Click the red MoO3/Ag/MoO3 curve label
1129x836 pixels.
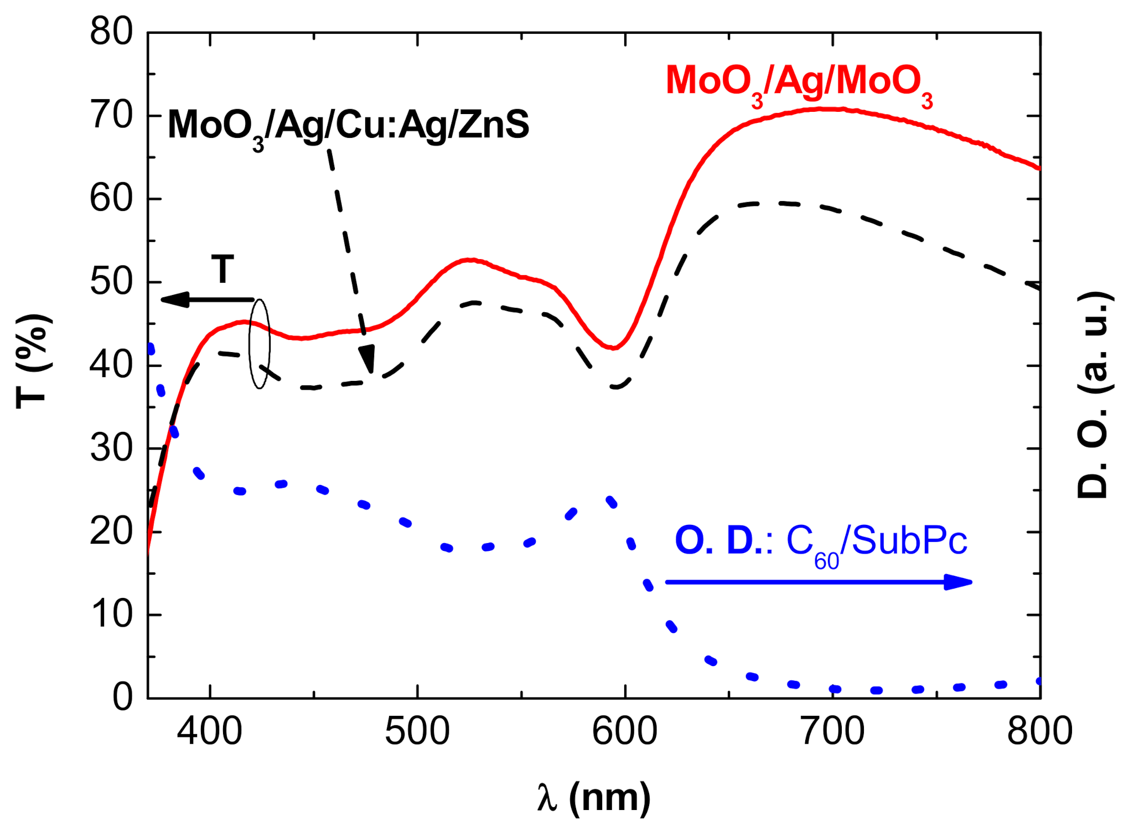point(799,83)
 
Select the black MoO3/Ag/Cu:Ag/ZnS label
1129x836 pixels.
point(348,126)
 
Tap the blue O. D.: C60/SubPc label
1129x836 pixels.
point(821,542)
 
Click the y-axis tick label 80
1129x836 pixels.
point(111,32)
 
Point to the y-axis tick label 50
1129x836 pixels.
point(111,282)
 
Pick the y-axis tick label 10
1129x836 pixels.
point(111,615)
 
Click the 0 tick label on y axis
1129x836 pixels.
point(123,698)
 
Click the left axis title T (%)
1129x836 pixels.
point(33,363)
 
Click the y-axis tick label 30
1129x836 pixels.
point(111,448)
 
